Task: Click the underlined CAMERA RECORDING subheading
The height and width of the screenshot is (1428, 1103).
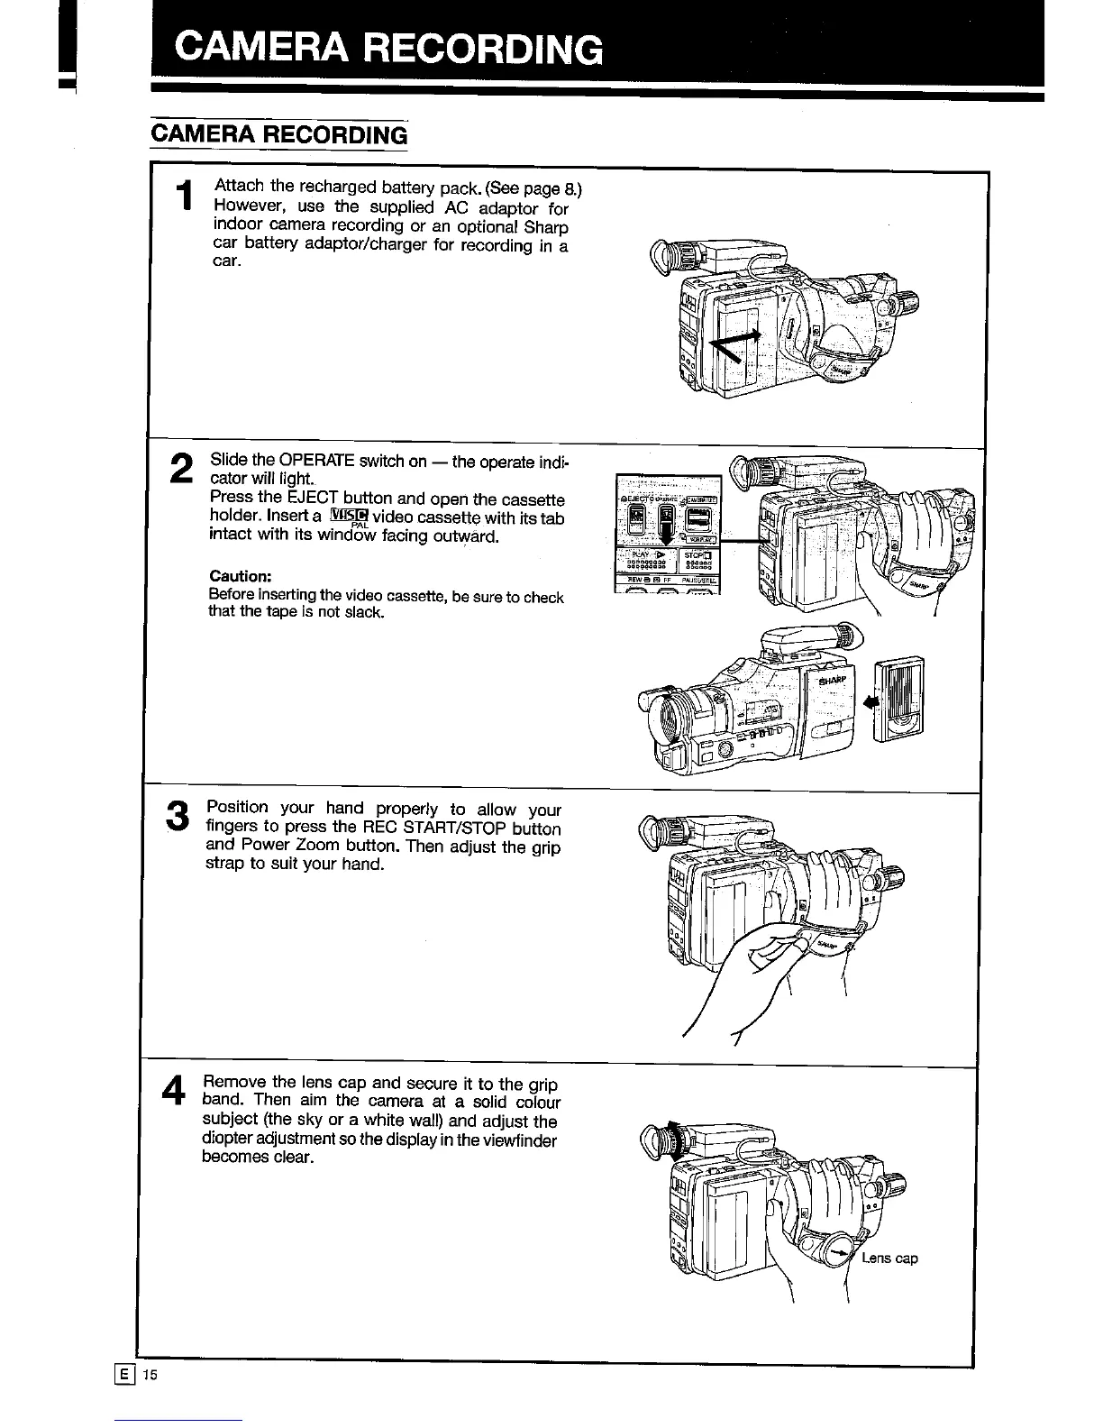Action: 279,135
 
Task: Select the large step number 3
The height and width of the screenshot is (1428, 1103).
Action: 179,816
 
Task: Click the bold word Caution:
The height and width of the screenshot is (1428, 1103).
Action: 240,576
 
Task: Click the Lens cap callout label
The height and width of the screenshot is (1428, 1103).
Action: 889,1259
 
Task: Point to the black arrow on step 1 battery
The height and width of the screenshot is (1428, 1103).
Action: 735,346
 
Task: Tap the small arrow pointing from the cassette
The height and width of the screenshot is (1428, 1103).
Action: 870,700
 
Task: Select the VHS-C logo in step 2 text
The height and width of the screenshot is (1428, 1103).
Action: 350,517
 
